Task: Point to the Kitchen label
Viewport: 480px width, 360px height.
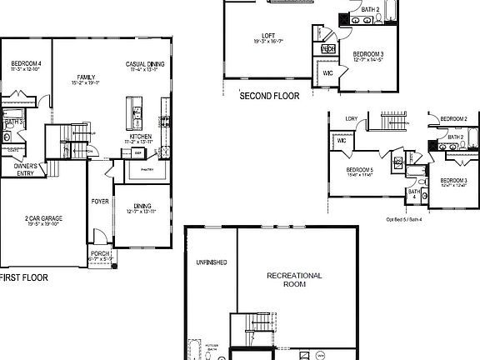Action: click(x=140, y=136)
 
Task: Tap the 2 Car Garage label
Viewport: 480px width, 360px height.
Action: click(x=42, y=217)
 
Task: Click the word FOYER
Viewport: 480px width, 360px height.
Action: click(x=100, y=202)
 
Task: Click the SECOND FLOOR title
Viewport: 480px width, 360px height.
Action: click(x=268, y=96)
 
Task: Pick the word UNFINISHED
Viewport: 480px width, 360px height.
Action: click(x=211, y=262)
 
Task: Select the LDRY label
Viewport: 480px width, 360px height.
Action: click(x=351, y=118)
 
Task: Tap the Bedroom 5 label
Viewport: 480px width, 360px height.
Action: click(x=360, y=171)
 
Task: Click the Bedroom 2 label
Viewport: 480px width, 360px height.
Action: click(x=453, y=118)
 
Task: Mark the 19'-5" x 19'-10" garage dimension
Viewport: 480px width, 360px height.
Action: click(x=42, y=223)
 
